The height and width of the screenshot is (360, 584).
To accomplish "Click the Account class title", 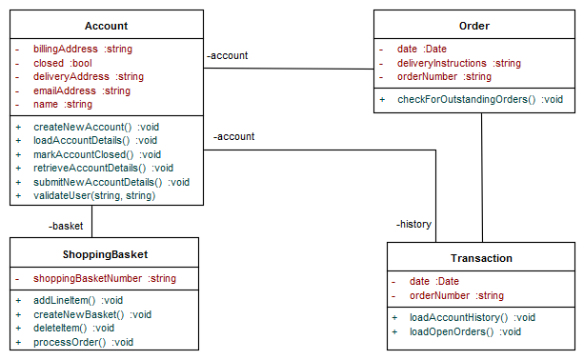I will (106, 26).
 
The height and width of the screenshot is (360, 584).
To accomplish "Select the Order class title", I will (473, 26).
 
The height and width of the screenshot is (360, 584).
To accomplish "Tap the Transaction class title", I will (481, 258).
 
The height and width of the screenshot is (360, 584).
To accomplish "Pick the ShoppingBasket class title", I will (106, 254).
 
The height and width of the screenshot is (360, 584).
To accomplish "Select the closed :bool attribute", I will (56, 63).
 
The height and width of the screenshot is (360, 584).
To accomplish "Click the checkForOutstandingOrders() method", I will (467, 99).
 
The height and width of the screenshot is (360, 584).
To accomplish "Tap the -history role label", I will (413, 225).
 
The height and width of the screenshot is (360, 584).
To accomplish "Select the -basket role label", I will (66, 227).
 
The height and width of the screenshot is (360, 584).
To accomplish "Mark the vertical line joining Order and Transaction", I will (482, 177).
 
